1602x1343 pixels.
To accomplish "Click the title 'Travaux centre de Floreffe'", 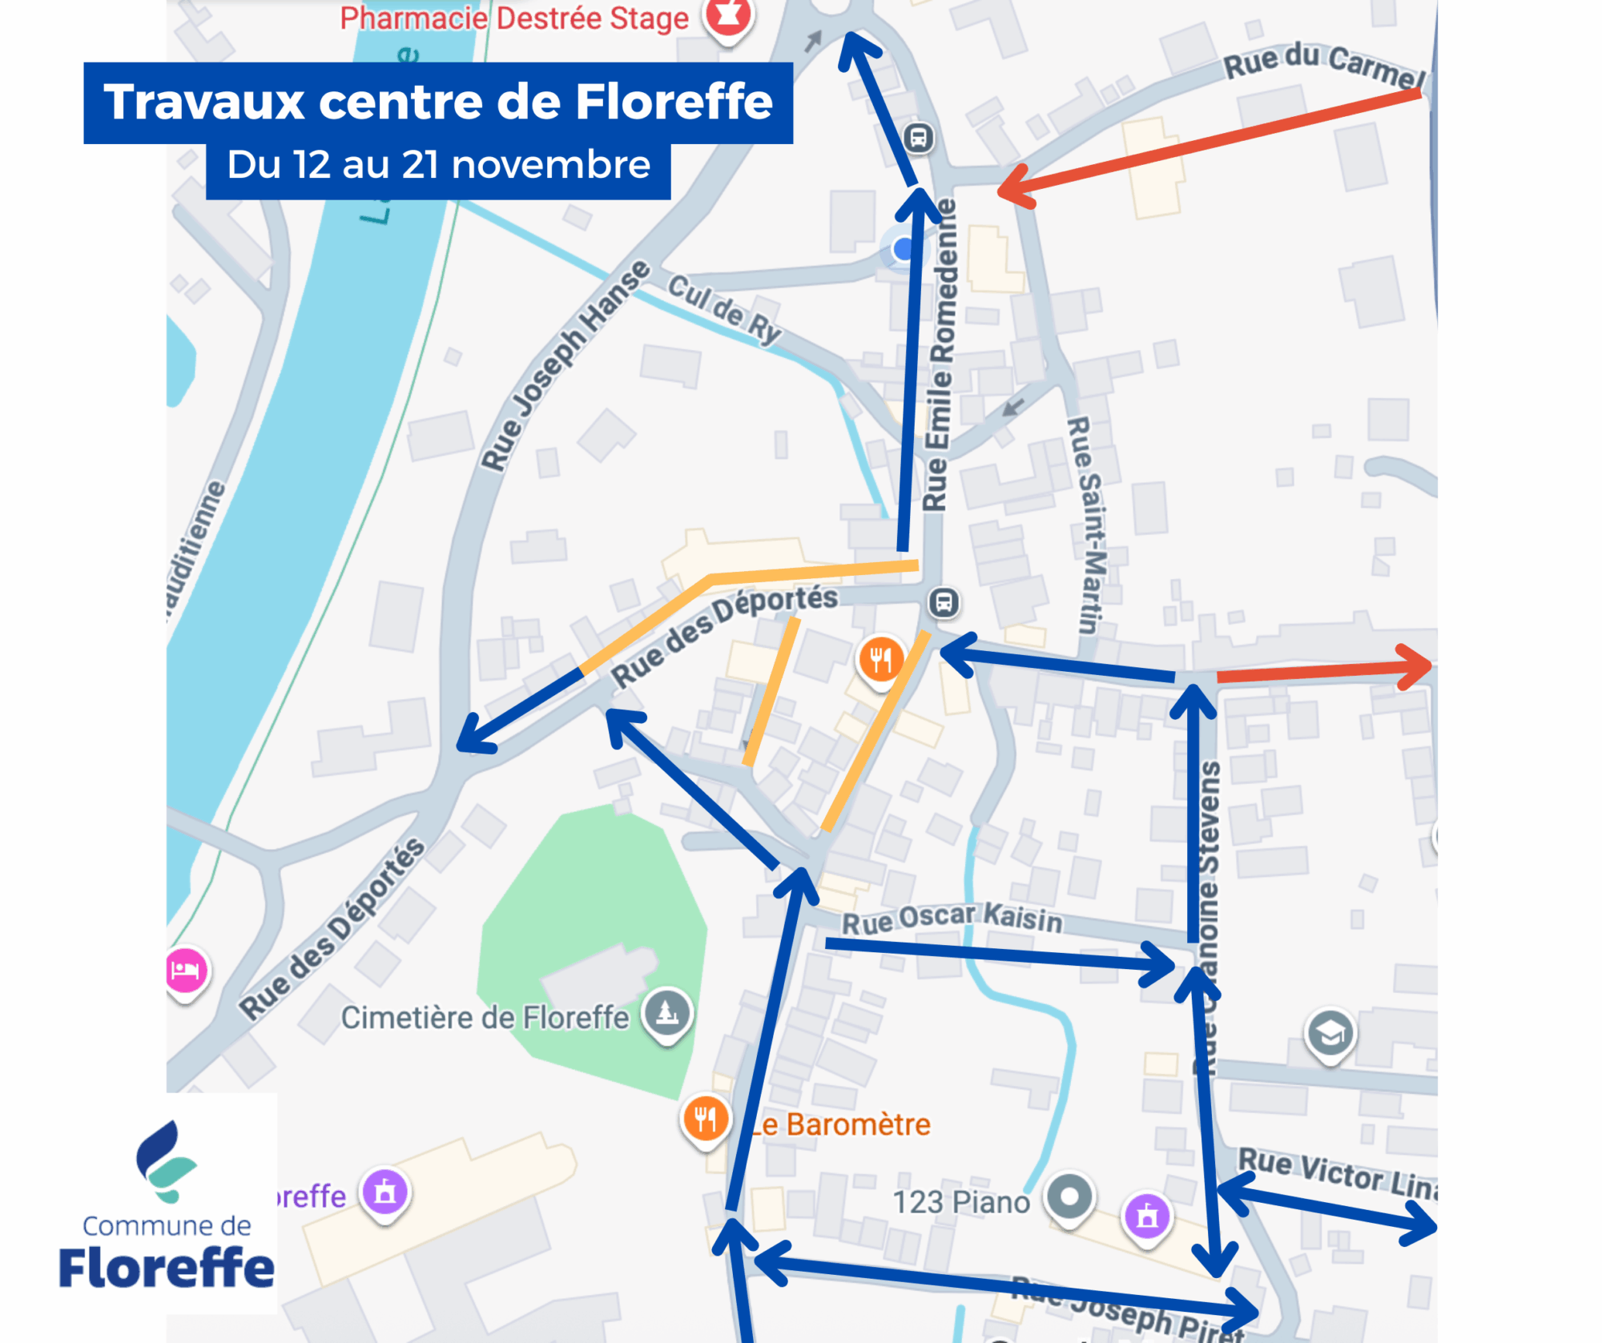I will pyautogui.click(x=437, y=102).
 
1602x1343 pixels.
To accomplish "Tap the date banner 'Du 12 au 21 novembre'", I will pyautogui.click(x=437, y=165).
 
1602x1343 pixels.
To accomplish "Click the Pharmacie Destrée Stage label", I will pyautogui.click(x=513, y=18).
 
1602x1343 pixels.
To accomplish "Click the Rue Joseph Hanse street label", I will pyautogui.click(x=566, y=364).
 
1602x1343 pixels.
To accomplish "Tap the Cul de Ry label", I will pyautogui.click(x=724, y=308).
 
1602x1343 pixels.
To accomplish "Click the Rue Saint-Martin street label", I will pyautogui.click(x=1088, y=525).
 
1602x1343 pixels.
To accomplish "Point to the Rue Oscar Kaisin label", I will pyautogui.click(x=952, y=919).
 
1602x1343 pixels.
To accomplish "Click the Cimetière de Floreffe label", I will pyautogui.click(x=485, y=1017).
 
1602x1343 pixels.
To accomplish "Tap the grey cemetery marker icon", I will pyautogui.click(x=667, y=1012).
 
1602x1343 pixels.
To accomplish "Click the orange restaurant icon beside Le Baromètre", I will pyautogui.click(x=705, y=1118).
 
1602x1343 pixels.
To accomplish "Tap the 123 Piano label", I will pyautogui.click(x=960, y=1202).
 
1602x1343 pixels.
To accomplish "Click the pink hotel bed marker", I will pyautogui.click(x=186, y=971).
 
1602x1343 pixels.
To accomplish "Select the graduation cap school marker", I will pyautogui.click(x=1330, y=1033).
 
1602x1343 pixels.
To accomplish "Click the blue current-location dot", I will pyautogui.click(x=904, y=249).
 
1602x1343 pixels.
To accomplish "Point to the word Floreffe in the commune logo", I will pyautogui.click(x=167, y=1267).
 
